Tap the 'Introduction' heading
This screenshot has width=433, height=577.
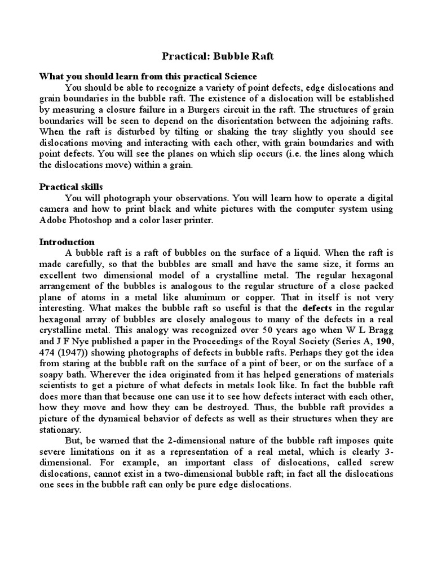click(67, 242)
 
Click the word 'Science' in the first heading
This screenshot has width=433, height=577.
click(239, 76)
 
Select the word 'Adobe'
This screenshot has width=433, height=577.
click(53, 220)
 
